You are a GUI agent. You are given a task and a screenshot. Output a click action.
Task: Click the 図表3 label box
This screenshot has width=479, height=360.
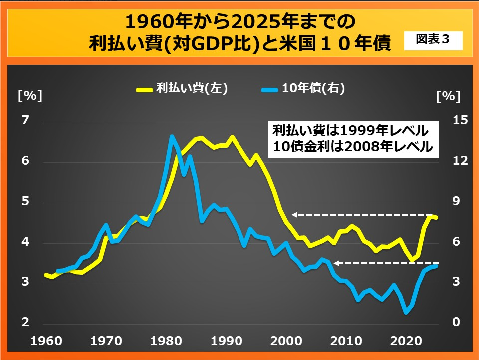(x=432, y=41)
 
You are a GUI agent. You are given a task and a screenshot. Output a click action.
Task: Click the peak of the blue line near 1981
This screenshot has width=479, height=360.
(x=171, y=136)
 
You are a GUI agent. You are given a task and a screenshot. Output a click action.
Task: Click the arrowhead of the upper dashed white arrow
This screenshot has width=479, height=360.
(x=294, y=215)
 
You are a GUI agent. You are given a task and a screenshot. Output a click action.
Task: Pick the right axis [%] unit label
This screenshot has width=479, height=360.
(x=448, y=96)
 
